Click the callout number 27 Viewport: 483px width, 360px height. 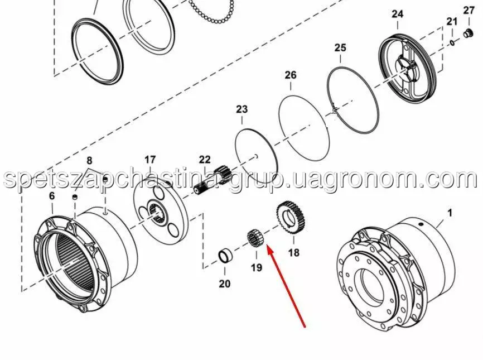(468, 10)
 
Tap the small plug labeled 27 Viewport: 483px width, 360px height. (468, 33)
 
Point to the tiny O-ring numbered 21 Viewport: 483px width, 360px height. (452, 42)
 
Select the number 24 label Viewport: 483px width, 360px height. (397, 14)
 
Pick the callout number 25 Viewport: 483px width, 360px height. (340, 48)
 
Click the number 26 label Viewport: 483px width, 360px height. (291, 75)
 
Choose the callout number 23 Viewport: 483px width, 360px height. (242, 109)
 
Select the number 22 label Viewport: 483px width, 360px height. (205, 160)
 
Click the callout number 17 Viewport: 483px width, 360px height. (150, 160)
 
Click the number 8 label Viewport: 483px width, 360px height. (89, 161)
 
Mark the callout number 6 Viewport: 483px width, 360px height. (52, 196)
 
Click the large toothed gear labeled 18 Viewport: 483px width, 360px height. (291, 219)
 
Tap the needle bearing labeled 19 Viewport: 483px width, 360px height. (256, 238)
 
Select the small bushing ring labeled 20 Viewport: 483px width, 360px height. (225, 256)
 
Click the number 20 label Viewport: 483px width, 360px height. (225, 283)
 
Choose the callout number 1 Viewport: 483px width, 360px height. (450, 213)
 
